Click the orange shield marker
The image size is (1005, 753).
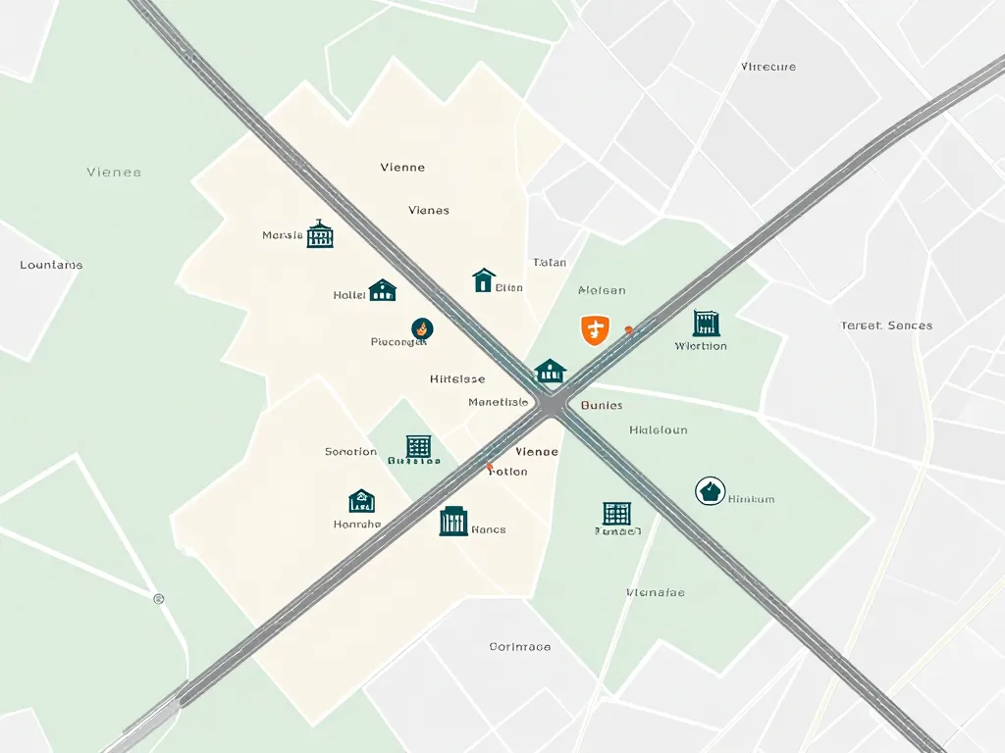(594, 329)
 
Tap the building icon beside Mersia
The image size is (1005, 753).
(320, 234)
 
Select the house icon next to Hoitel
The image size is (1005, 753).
(382, 290)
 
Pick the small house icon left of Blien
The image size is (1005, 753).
(483, 281)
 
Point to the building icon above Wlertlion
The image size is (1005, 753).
(706, 324)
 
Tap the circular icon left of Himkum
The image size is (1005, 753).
(710, 491)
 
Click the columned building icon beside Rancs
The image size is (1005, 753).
(453, 521)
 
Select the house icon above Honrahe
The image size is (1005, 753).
(361, 501)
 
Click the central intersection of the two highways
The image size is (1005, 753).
(554, 403)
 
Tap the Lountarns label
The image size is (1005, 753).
(51, 265)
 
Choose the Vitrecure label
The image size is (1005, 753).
(768, 67)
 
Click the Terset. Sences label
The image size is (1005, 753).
(886, 326)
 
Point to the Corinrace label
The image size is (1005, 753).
(519, 647)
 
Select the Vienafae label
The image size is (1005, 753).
(655, 593)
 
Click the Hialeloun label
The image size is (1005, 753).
(658, 430)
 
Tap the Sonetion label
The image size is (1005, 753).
(350, 452)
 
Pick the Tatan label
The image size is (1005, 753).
(550, 263)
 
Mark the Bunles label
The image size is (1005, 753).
(602, 405)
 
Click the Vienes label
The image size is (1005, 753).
(429, 210)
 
